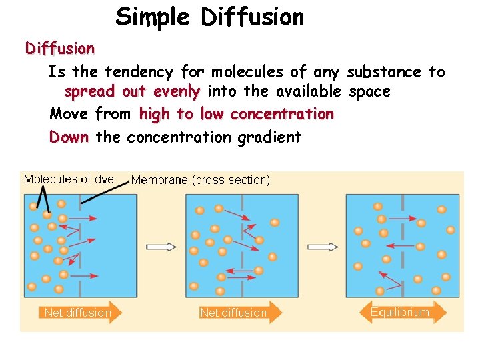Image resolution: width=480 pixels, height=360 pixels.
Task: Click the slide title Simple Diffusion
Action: [x=209, y=17]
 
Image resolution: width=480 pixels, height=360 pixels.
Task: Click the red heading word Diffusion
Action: [x=60, y=48]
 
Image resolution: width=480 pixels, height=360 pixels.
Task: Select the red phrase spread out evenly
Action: [x=132, y=91]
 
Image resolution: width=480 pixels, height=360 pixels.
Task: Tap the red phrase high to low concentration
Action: [x=236, y=114]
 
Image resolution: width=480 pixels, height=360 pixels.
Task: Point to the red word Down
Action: [x=69, y=137]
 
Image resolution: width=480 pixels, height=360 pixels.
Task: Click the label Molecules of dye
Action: [x=69, y=179]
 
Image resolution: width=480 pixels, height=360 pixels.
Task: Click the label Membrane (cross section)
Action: [x=201, y=179]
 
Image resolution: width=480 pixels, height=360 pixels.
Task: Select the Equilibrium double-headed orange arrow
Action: [x=402, y=312]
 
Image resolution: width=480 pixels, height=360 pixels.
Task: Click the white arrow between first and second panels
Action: [x=161, y=247]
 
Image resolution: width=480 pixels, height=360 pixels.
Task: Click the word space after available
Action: [x=369, y=91]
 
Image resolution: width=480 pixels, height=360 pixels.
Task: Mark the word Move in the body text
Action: [x=69, y=114]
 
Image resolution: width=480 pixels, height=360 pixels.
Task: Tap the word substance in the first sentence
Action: [x=384, y=72]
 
